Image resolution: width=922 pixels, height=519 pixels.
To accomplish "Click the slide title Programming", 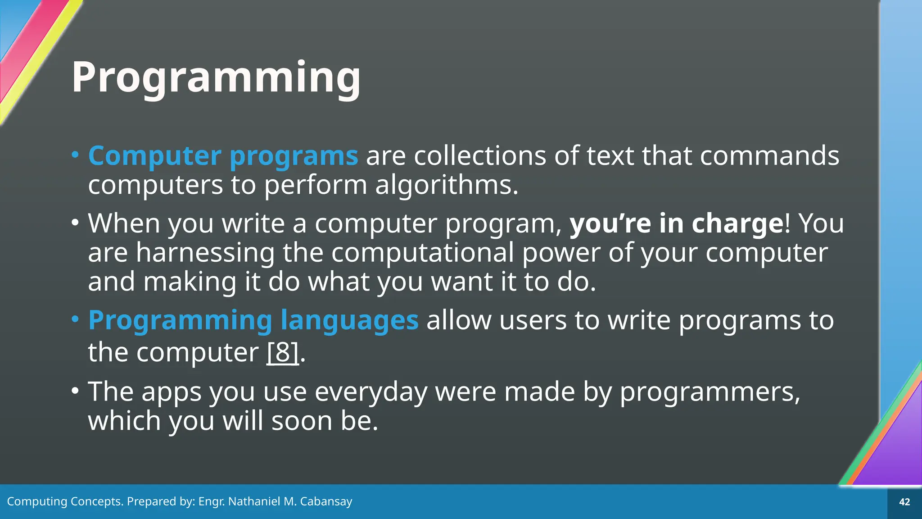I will click(216, 77).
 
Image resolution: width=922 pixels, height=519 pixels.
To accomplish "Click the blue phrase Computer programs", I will click(223, 156).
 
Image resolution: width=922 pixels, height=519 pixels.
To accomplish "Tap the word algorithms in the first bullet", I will click(447, 185).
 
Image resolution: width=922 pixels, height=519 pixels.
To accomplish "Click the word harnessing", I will click(205, 252).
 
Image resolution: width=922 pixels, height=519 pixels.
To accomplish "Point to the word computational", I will click(422, 252).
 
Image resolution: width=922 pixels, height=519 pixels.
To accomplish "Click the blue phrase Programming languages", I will click(253, 320).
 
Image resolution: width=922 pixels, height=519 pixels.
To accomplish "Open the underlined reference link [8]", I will click(283, 352).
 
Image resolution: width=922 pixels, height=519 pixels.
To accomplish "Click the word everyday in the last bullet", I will click(371, 392).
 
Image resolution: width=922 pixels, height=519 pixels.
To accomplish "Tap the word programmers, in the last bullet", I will click(710, 392).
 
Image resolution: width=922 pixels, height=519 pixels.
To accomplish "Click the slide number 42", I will click(904, 502).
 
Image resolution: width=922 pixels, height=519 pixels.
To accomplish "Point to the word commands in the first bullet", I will click(769, 156).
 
